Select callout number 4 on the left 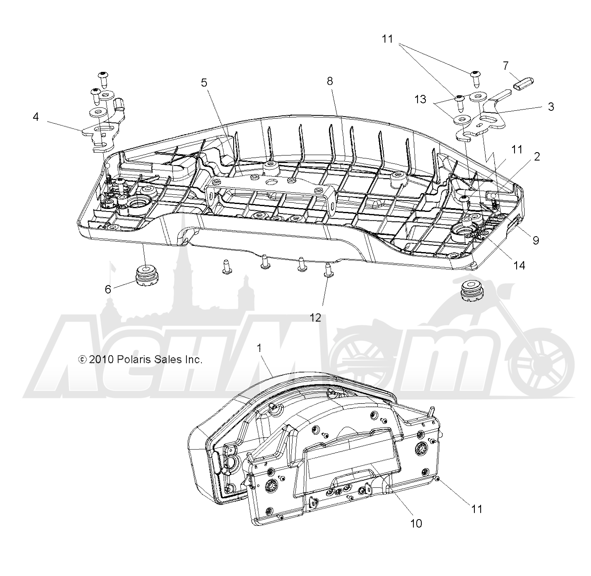click(36, 117)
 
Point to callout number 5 click(204, 82)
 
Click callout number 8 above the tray click(330, 81)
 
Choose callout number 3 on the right click(551, 107)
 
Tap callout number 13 click(420, 99)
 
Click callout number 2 click(537, 157)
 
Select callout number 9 click(536, 240)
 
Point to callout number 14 click(519, 265)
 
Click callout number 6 click(108, 289)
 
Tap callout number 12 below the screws click(315, 317)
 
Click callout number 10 click(416, 523)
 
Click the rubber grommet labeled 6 click(147, 275)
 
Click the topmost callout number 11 click(387, 39)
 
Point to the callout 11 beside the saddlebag click(476, 509)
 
